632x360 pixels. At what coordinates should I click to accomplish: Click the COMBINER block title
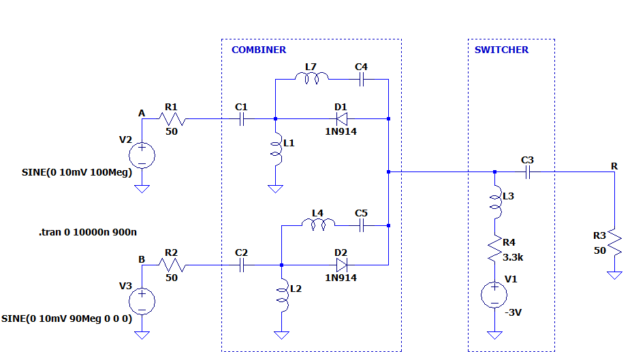point(259,50)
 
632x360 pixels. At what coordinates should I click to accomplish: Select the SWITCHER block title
point(501,50)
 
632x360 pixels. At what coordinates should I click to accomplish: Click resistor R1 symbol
point(170,118)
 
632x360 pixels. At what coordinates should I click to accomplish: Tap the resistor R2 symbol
point(170,265)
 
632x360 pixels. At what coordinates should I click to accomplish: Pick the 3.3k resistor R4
point(495,250)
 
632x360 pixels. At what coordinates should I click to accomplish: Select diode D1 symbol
point(341,118)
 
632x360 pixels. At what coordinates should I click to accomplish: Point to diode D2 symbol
point(341,265)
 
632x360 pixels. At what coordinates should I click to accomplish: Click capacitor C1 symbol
point(241,118)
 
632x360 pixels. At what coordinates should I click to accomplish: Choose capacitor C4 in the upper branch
point(362,79)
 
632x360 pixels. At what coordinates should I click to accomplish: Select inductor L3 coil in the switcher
point(495,202)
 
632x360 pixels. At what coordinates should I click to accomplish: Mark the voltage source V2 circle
point(142,154)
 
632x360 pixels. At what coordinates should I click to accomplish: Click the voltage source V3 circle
point(142,300)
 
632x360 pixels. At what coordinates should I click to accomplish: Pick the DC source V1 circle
point(495,295)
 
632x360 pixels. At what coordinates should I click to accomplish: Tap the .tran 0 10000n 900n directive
point(88,232)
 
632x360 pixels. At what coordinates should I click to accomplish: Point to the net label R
point(614,166)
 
